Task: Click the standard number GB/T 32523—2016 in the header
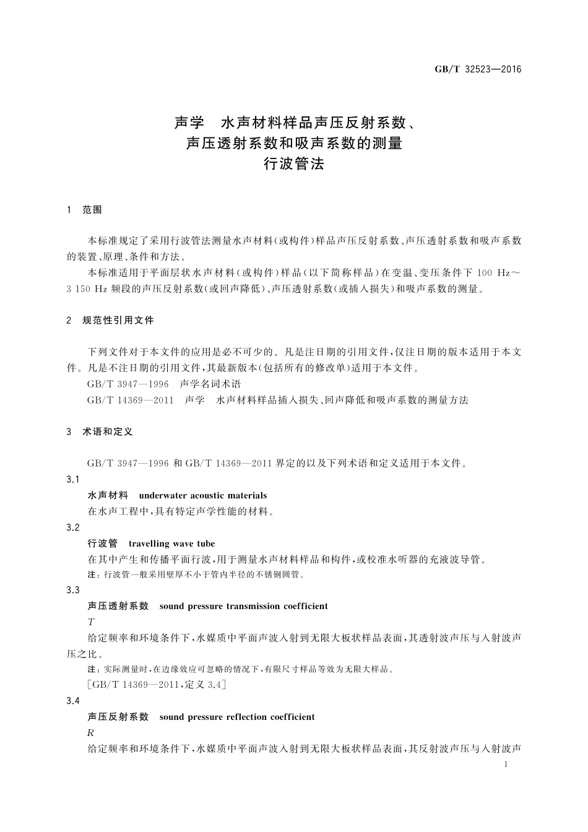pyautogui.click(x=477, y=69)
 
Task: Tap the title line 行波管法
pyautogui.click(x=294, y=164)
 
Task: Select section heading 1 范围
pyautogui.click(x=85, y=210)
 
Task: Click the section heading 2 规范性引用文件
pyautogui.click(x=111, y=320)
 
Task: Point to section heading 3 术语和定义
pyautogui.click(x=100, y=431)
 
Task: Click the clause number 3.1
pyautogui.click(x=73, y=479)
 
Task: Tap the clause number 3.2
pyautogui.click(x=73, y=527)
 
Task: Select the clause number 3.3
pyautogui.click(x=73, y=590)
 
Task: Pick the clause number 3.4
pyautogui.click(x=73, y=701)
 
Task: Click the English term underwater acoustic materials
pyautogui.click(x=203, y=495)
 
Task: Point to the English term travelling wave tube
pyautogui.click(x=171, y=544)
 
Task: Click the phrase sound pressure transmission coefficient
pyautogui.click(x=243, y=606)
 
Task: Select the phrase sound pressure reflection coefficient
pyautogui.click(x=236, y=717)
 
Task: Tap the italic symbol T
pyautogui.click(x=91, y=622)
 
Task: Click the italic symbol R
pyautogui.click(x=91, y=733)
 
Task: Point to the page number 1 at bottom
pyautogui.click(x=506, y=765)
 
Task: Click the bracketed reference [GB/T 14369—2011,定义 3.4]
pyautogui.click(x=157, y=685)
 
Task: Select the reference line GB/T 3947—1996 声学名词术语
pyautogui.click(x=164, y=384)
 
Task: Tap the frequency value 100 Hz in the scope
pyautogui.click(x=494, y=272)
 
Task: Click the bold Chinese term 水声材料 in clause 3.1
pyautogui.click(x=108, y=495)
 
